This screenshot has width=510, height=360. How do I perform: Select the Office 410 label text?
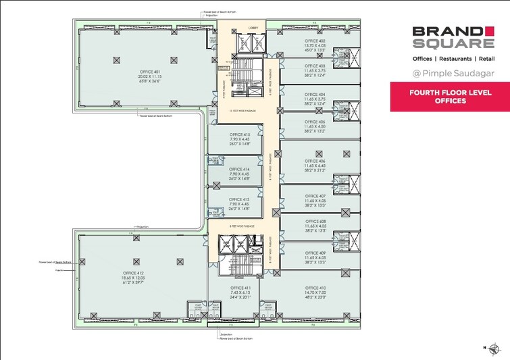click(x=315, y=288)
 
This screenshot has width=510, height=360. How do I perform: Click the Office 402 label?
click(x=315, y=41)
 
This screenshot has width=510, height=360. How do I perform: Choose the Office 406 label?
click(x=315, y=161)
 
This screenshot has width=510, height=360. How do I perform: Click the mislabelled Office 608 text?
click(x=315, y=222)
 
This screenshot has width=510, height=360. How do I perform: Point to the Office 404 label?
click(x=315, y=95)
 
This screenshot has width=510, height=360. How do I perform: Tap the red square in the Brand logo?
click(x=488, y=30)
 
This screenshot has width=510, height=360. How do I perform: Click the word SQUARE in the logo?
click(x=452, y=44)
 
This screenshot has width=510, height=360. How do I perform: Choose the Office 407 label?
click(x=315, y=197)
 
